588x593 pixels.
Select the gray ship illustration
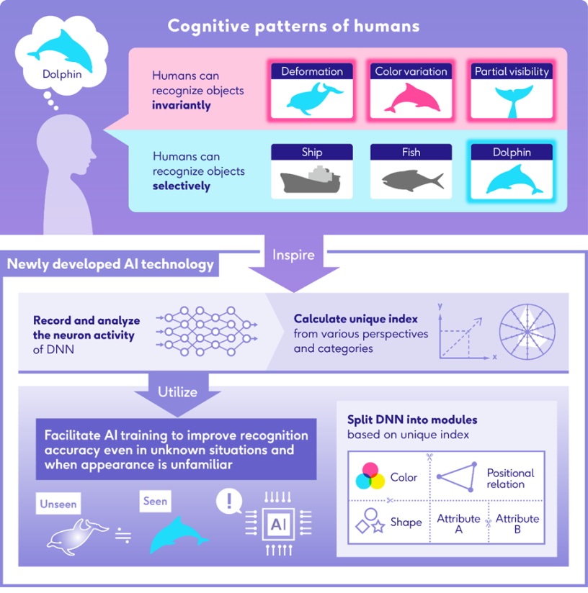coord(311,180)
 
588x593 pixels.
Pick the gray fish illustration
coord(411,180)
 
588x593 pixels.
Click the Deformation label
coord(312,71)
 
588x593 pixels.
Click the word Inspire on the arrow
coord(293,255)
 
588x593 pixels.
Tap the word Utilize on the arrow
coord(177,391)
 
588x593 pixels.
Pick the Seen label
coord(155,502)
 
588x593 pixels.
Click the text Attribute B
coord(517,524)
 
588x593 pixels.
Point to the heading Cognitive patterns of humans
coord(293,27)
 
